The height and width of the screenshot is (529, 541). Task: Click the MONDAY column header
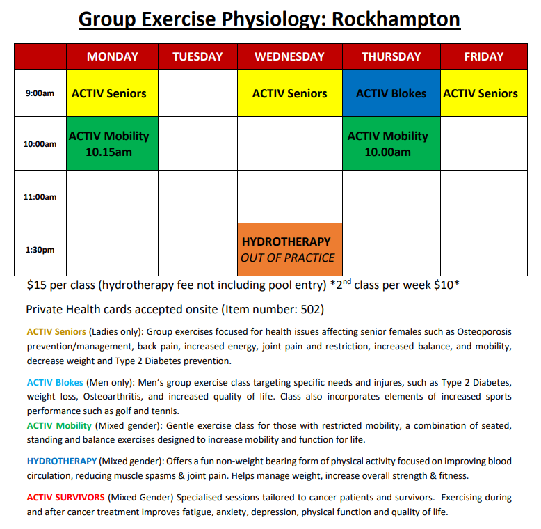112,56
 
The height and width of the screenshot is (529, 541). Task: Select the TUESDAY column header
197,56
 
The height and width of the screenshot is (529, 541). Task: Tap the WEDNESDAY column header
290,56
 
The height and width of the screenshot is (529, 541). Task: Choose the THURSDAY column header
391,56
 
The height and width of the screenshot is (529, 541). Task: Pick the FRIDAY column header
484,56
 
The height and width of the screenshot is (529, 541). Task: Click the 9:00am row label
40,93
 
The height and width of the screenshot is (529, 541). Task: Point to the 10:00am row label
40,144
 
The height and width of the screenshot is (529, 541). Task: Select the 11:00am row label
40,197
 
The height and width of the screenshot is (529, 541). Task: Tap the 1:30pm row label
40,250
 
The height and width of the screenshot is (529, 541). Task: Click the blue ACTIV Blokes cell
391,93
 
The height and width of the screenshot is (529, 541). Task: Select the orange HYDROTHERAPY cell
290,249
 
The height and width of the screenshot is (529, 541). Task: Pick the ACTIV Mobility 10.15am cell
112,143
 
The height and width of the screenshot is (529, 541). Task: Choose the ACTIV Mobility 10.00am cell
391,143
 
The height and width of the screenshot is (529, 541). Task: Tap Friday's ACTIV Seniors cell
484,93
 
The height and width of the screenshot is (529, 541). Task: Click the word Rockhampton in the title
396,19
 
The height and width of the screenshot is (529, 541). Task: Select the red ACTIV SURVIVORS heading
65,497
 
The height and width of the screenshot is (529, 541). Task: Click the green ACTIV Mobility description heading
59,425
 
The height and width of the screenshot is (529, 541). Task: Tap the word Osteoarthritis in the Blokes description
113,397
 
